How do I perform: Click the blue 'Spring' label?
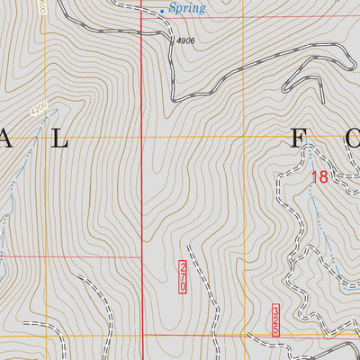pos(188,8)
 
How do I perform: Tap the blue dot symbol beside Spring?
pos(163,11)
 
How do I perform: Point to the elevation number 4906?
pos(185,40)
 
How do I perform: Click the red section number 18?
pos(319,177)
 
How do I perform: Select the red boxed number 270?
pos(181,276)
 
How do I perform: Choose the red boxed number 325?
pos(275,320)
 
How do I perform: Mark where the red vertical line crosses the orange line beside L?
pos(142,138)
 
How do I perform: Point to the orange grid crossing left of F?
pos(243,138)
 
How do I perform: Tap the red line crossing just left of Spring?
pos(142,15)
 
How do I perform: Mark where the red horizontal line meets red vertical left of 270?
pos(142,256)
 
